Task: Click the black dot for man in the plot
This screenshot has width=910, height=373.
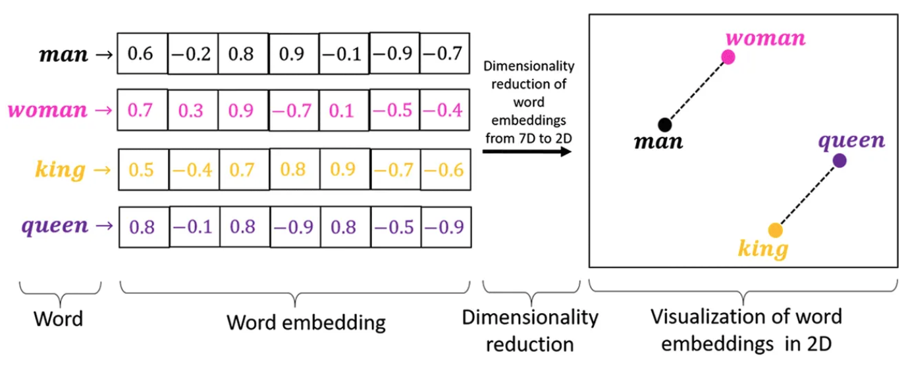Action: tap(664, 124)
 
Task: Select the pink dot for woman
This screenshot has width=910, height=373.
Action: tap(728, 57)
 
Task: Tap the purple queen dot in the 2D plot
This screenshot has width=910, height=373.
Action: tap(839, 160)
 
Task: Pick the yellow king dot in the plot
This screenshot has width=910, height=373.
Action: tap(776, 230)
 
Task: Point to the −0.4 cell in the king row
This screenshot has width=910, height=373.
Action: tap(193, 170)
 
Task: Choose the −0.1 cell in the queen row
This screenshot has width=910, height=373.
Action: tap(193, 227)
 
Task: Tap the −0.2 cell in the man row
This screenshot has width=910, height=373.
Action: tap(193, 54)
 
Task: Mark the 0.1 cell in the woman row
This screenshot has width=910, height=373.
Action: tap(344, 110)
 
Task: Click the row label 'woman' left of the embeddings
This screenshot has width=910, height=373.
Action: tap(47, 109)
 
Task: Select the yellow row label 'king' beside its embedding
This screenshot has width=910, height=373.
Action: tap(60, 170)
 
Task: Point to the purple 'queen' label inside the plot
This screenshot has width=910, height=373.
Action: tap(851, 140)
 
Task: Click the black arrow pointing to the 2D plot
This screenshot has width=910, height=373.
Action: tap(527, 151)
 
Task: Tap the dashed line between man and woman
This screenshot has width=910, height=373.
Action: tap(696, 91)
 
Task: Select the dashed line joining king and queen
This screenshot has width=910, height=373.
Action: tap(807, 195)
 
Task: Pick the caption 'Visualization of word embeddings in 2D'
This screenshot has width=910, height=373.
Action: tap(746, 330)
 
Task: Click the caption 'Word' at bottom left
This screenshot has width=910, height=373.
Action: tap(59, 320)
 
